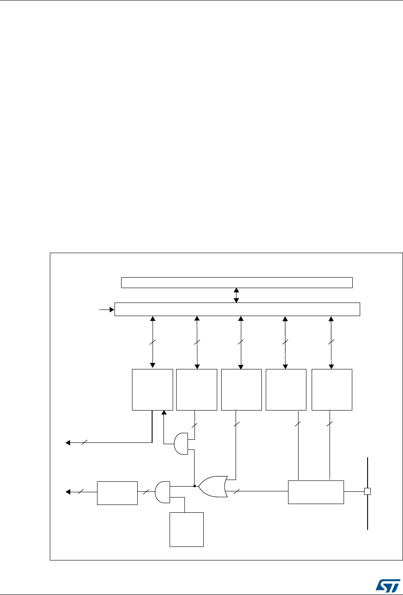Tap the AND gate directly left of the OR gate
[162, 491]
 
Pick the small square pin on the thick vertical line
[367, 491]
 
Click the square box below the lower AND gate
[187, 529]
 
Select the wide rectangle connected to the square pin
[316, 492]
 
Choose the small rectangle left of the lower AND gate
[117, 493]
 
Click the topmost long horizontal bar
[236, 282]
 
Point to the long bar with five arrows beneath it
[237, 309]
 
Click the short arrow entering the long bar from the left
[106, 310]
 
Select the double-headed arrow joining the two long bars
[236, 295]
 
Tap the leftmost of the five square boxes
[153, 390]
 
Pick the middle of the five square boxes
[241, 390]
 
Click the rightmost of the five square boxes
[332, 390]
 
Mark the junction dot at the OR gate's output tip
[194, 486]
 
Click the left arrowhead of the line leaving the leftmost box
[68, 443]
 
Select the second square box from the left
[197, 390]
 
